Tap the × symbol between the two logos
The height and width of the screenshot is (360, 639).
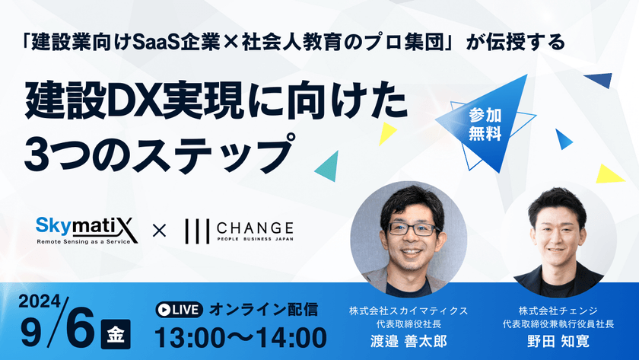pos(159,229)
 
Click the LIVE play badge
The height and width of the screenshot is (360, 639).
pos(177,309)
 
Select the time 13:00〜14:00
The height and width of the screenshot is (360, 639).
pos(240,336)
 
